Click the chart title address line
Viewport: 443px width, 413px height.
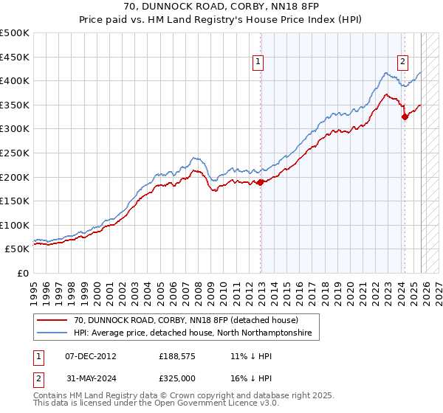(x=221, y=7)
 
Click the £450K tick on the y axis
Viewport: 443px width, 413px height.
(x=14, y=57)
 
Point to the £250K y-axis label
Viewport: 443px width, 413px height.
(x=14, y=153)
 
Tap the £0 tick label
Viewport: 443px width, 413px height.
(x=24, y=273)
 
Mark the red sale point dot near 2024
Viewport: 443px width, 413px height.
(x=405, y=117)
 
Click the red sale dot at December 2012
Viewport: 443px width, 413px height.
(x=260, y=182)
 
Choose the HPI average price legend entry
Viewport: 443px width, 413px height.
(x=193, y=333)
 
